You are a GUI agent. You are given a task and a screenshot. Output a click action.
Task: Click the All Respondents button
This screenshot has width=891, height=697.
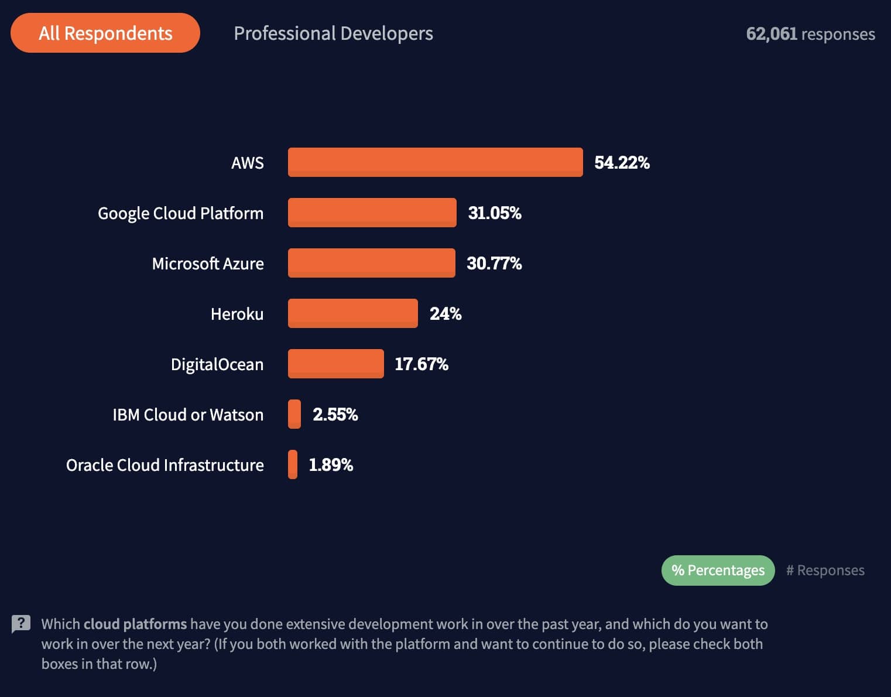point(105,33)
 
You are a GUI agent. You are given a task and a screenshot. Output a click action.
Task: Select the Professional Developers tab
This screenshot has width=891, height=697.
point(333,33)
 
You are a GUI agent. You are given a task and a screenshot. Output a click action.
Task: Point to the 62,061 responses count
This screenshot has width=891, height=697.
point(810,34)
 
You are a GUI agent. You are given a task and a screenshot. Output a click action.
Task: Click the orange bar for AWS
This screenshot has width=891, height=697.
point(435,162)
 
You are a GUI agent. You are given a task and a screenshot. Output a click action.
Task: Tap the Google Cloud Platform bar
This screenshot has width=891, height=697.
point(372,213)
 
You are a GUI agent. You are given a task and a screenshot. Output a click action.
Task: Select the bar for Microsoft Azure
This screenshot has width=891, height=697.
point(371,263)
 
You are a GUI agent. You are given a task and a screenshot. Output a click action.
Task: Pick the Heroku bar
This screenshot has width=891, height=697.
point(352,313)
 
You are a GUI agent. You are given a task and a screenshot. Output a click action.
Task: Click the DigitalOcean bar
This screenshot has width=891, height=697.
point(335,364)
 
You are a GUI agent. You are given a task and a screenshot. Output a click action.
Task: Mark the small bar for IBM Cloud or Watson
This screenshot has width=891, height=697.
point(294,414)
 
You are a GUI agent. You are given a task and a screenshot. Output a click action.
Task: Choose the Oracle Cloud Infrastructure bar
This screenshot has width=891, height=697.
point(293,464)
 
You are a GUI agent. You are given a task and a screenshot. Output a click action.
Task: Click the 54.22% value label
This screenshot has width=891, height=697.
point(622,162)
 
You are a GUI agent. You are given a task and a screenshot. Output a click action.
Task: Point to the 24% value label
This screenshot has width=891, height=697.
point(445,313)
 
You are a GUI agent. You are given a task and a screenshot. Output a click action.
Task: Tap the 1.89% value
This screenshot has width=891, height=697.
point(331,464)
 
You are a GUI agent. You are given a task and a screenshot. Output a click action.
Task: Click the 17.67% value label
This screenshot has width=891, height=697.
point(421,364)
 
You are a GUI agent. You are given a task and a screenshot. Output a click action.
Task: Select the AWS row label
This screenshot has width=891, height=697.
point(247,163)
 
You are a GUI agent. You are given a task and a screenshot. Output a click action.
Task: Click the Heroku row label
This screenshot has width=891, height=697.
point(237,314)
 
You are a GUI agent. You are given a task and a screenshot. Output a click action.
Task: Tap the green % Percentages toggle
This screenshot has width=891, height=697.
point(718,570)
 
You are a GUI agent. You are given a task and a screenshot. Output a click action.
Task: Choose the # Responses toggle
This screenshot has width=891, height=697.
point(825,570)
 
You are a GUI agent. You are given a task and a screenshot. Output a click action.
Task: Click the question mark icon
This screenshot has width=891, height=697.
point(21,624)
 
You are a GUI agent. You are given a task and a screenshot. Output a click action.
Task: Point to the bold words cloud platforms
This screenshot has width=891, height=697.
point(135,624)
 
